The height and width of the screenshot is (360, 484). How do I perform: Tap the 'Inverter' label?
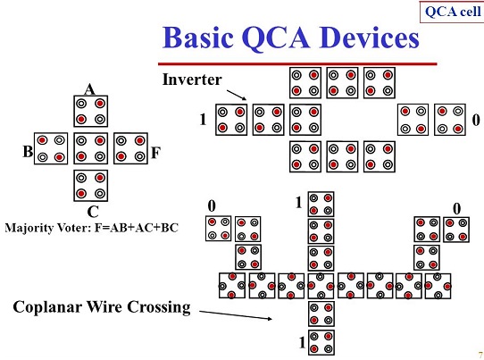[191, 80]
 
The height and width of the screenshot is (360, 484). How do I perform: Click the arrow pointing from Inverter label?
[234, 93]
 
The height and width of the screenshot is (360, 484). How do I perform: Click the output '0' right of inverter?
[474, 119]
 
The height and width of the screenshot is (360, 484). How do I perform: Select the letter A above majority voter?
[88, 89]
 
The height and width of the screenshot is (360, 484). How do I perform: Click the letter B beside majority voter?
[29, 152]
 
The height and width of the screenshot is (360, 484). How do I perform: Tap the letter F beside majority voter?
[155, 153]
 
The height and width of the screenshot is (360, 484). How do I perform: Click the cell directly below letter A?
[90, 111]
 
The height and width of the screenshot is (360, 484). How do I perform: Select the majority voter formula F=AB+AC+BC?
[92, 228]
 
